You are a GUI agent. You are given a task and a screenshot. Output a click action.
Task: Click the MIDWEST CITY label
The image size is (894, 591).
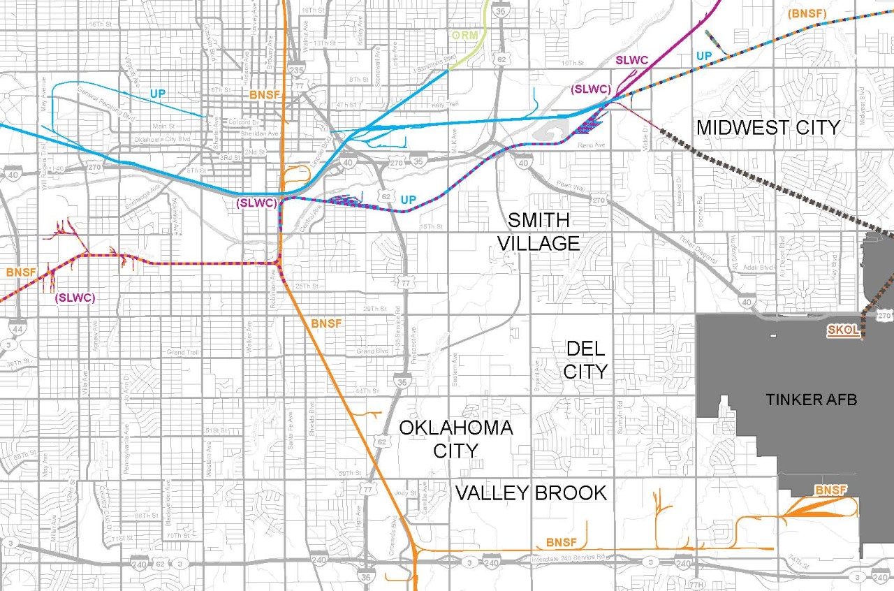[768, 127]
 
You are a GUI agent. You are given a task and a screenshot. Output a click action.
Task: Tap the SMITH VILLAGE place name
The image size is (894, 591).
[543, 232]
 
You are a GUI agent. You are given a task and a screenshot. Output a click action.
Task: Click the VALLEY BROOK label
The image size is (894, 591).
[531, 493]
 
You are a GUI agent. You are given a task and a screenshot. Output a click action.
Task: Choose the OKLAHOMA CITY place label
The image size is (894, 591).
[456, 439]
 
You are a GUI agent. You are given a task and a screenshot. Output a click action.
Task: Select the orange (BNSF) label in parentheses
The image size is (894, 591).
[805, 13]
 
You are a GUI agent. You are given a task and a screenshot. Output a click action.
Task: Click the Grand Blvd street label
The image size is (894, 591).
[372, 351]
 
